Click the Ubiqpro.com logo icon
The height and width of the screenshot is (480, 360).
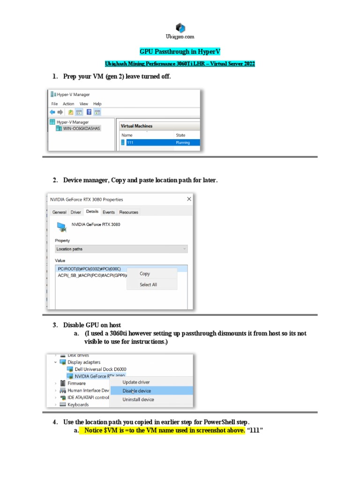pyautogui.click(x=180, y=28)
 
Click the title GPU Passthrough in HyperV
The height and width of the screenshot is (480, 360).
pyautogui.click(x=180, y=52)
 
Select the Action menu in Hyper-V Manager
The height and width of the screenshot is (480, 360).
pyautogui.click(x=68, y=104)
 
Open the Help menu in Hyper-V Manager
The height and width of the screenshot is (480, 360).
pyautogui.click(x=97, y=104)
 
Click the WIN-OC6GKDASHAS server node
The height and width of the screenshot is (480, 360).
pyautogui.click(x=82, y=128)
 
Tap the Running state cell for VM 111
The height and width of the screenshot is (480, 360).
pyautogui.click(x=183, y=142)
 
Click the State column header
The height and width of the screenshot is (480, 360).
pyautogui.click(x=180, y=135)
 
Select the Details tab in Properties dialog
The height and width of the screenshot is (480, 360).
pyautogui.click(x=92, y=212)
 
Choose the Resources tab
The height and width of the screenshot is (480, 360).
pyautogui.click(x=128, y=212)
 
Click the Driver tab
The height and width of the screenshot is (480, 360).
pyautogui.click(x=75, y=212)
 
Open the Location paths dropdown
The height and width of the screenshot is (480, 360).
pyautogui.click(x=121, y=249)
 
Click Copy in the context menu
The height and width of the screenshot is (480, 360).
pyautogui.click(x=145, y=274)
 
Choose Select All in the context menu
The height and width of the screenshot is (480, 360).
pyautogui.click(x=148, y=285)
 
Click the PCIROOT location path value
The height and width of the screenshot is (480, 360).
pyautogui.click(x=89, y=269)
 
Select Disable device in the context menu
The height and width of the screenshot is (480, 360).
pyautogui.click(x=137, y=391)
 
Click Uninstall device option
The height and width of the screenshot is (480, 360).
pyautogui.click(x=138, y=399)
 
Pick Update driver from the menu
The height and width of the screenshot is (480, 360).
pyautogui.click(x=136, y=382)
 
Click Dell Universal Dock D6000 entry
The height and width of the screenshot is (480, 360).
pyautogui.click(x=100, y=369)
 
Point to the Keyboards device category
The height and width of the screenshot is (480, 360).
pyautogui.click(x=78, y=405)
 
